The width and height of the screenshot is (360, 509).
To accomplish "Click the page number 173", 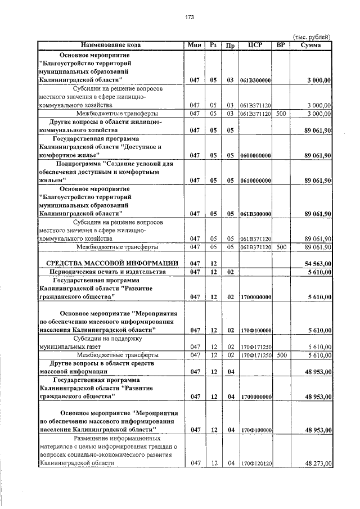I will (189, 18).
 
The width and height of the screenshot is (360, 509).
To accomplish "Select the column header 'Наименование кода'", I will (111, 45).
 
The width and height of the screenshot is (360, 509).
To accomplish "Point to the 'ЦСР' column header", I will (255, 45).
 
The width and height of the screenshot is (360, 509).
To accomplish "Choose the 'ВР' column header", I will (281, 45).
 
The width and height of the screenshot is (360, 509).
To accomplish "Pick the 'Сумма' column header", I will (311, 45).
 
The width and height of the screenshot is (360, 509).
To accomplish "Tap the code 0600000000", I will (256, 154).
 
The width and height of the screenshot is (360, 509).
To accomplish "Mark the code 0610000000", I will (256, 181).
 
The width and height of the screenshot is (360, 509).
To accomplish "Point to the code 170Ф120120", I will (256, 463).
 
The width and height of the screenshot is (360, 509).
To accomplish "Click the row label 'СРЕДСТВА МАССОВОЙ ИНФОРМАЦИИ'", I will (112, 263).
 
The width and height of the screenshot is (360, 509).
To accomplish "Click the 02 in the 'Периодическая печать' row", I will (230, 272).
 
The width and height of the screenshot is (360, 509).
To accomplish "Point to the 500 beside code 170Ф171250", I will (281, 355).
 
